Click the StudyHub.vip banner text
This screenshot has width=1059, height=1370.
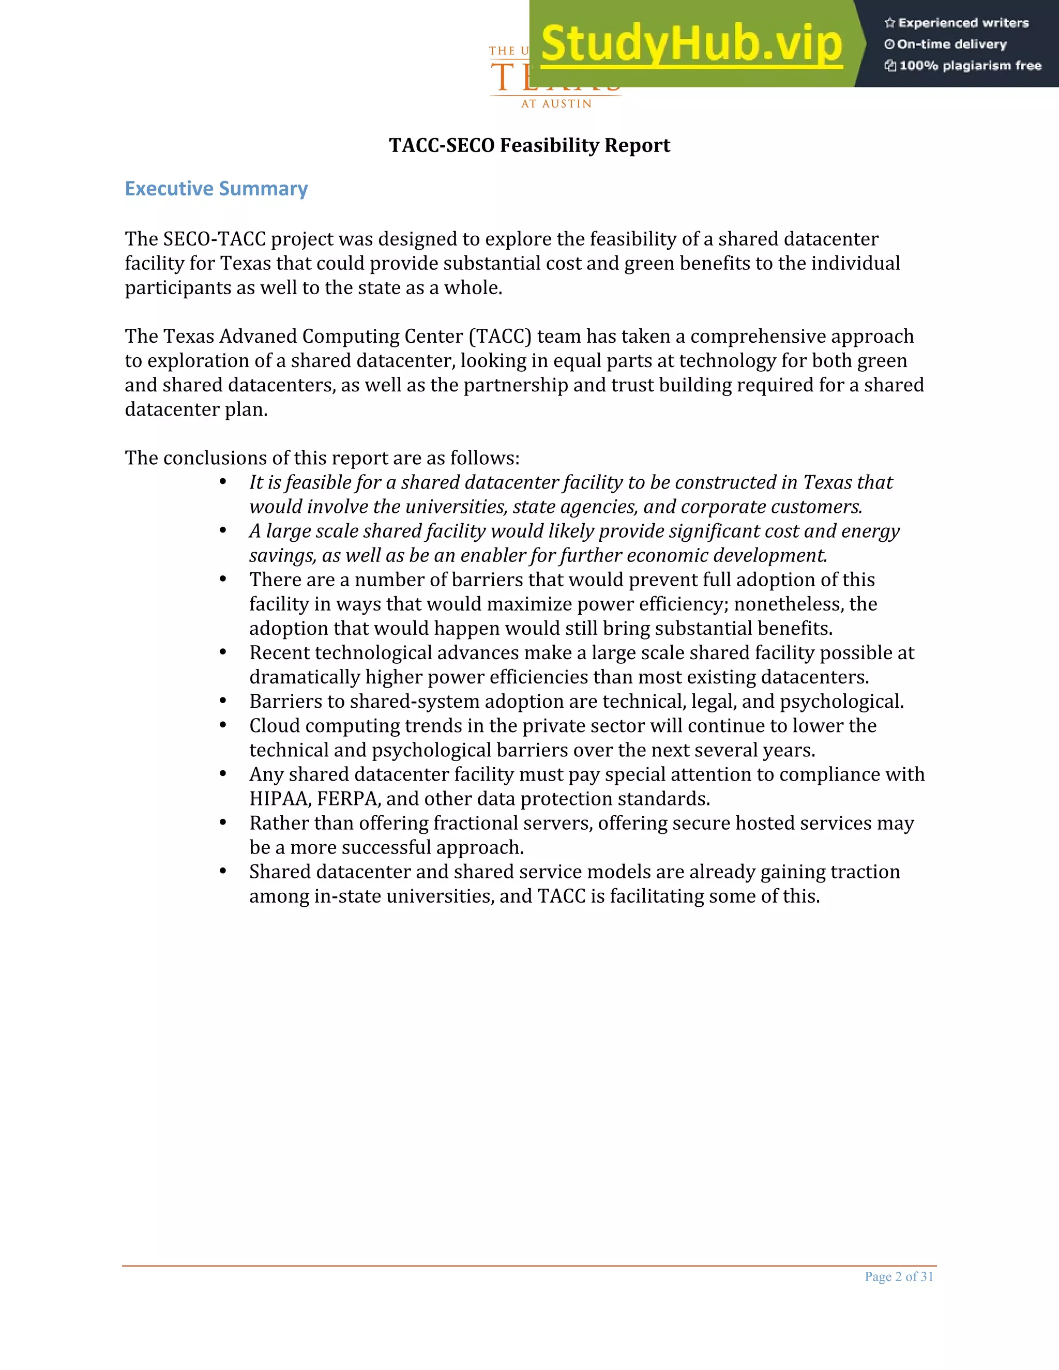691,43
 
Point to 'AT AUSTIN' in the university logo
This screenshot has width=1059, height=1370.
556,103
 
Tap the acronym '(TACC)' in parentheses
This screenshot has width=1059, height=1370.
500,336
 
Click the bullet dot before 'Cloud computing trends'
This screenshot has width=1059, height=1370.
223,725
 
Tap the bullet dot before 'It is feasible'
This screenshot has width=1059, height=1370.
223,482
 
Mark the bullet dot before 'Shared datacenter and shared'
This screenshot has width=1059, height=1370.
223,871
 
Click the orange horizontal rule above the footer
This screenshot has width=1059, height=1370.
529,1265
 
